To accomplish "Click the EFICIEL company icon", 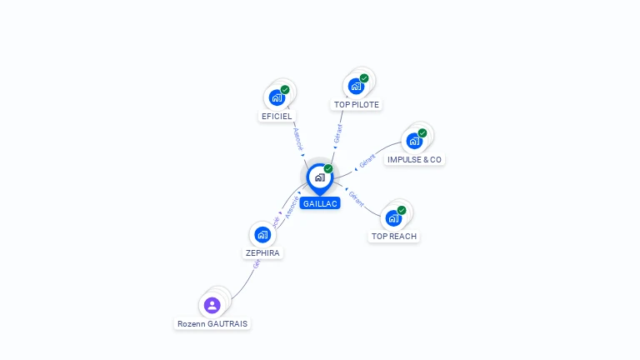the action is tap(277, 97).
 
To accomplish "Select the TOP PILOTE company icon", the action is tap(356, 86).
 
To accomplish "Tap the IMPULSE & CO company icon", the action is tap(414, 141).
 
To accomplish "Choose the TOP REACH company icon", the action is tap(393, 218).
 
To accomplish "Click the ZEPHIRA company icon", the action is tap(262, 234).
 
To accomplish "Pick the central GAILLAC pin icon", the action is tap(319, 177).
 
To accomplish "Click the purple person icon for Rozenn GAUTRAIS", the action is tap(212, 305).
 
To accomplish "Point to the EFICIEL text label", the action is tap(277, 117).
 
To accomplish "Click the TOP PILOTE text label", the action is tap(357, 105).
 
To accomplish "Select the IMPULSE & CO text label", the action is tap(415, 159).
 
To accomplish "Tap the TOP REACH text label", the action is tap(394, 237).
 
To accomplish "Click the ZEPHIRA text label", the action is tap(262, 252).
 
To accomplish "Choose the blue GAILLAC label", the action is tap(320, 203).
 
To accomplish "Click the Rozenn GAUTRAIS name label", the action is tap(212, 323).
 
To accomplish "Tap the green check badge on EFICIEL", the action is tap(285, 90).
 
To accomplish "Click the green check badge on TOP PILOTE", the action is tap(364, 78).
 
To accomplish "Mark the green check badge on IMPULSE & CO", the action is tap(422, 133).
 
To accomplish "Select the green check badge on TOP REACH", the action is tap(402, 211).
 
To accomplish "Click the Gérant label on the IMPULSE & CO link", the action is tap(367, 159).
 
